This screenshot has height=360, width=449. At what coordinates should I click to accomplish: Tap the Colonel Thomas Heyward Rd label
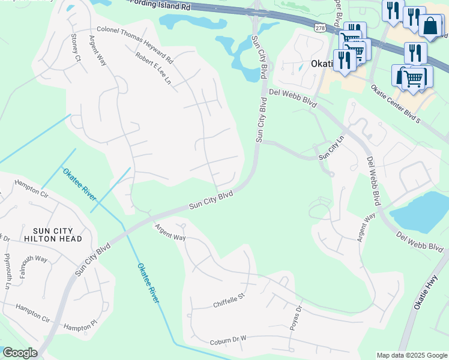point(135,46)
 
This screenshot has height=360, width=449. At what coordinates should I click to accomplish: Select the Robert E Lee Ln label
point(154,67)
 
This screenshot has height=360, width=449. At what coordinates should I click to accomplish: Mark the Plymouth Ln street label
point(8,271)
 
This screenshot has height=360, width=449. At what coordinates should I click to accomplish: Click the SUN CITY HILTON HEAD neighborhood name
point(46,235)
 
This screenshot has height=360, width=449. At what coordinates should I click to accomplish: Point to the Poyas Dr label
point(295,318)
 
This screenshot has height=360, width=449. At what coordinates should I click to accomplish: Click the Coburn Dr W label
point(229,341)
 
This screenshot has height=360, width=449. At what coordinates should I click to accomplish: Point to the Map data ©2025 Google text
point(412,355)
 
